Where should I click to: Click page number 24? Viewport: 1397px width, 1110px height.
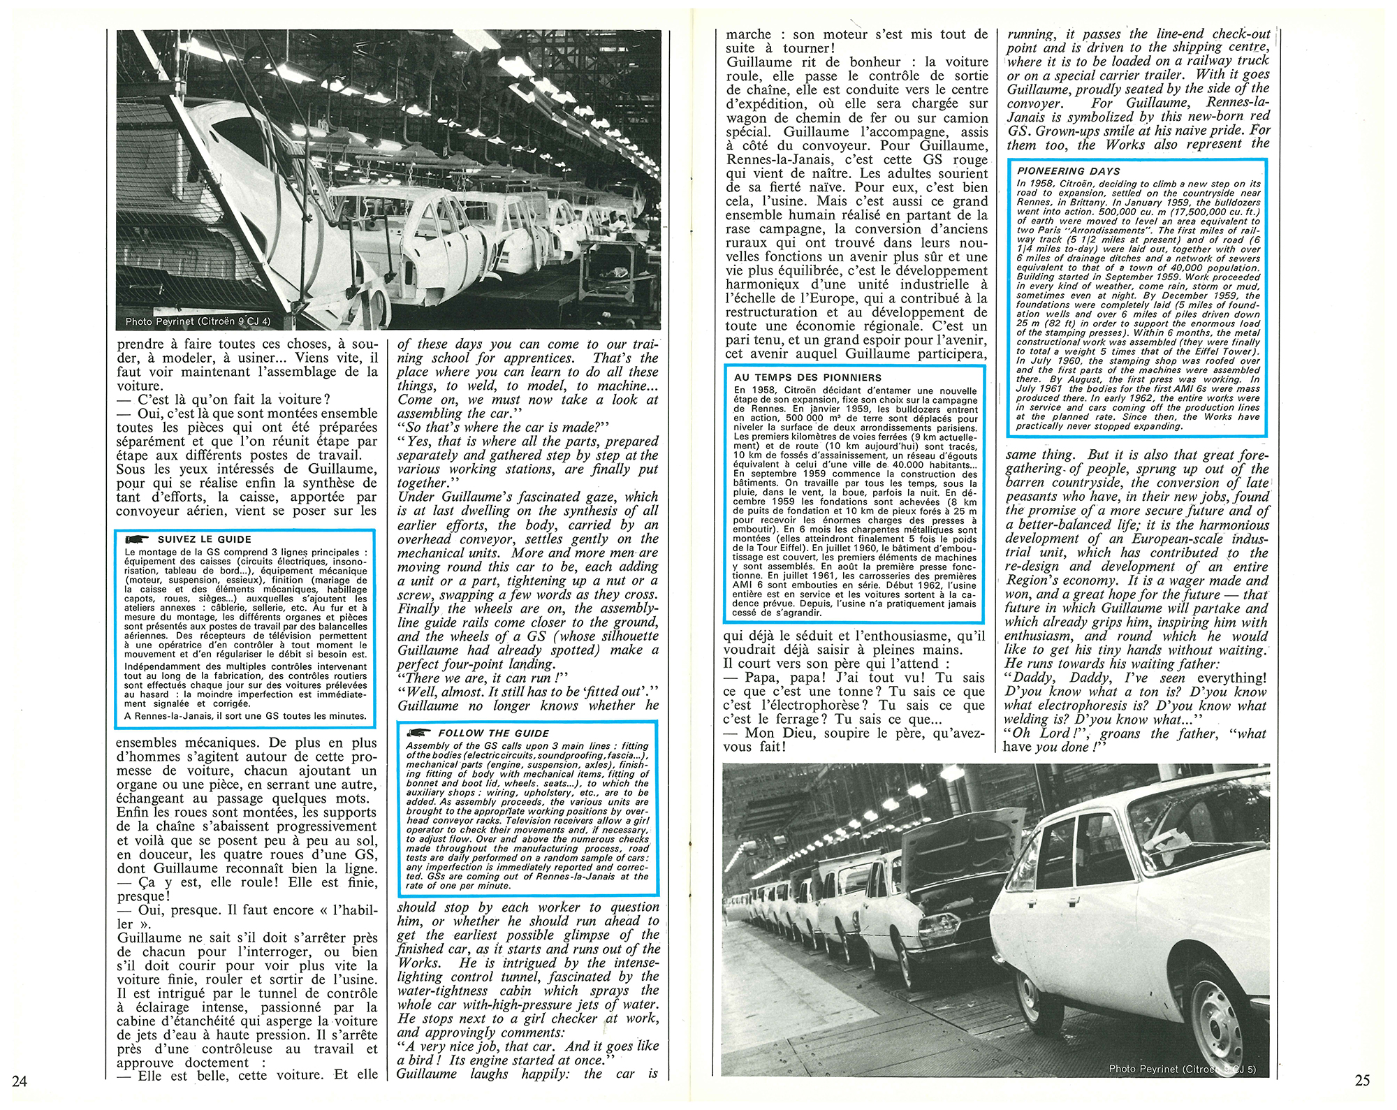(19, 1082)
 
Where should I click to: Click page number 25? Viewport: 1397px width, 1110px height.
(1362, 1080)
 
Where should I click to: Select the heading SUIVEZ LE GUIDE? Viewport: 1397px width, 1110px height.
(204, 539)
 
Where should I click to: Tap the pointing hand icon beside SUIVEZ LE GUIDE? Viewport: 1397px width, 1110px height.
(137, 539)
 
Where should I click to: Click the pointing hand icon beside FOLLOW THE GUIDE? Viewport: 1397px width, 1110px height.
(418, 733)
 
